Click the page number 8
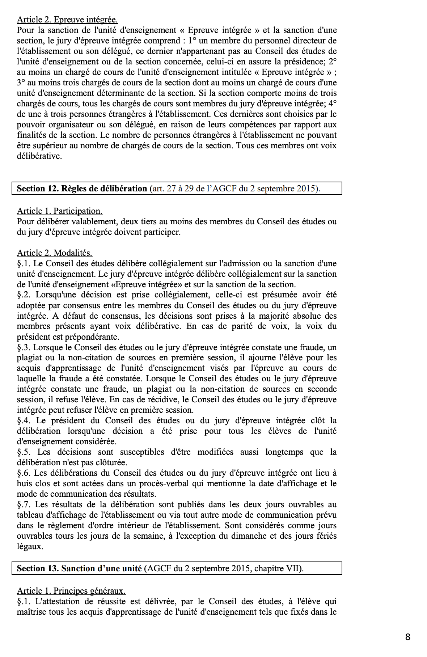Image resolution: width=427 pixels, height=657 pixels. [408, 637]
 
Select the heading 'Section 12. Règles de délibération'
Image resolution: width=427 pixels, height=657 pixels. [82, 188]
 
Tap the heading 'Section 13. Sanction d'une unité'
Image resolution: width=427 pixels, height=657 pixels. [79, 568]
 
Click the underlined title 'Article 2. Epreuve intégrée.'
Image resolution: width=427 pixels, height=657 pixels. [67, 20]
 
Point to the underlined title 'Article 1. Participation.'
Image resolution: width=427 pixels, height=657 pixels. [60, 211]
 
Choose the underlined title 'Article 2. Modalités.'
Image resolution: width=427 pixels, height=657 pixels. [55, 253]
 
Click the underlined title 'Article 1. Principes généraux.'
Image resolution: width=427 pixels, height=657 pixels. [71, 591]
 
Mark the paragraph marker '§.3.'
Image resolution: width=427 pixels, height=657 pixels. [24, 347]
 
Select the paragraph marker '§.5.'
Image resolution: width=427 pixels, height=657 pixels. [24, 452]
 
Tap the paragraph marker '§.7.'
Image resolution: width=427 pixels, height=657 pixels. [24, 504]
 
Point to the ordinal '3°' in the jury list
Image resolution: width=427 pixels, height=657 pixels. [21, 82]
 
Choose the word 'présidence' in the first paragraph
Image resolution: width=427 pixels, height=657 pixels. [304, 62]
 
